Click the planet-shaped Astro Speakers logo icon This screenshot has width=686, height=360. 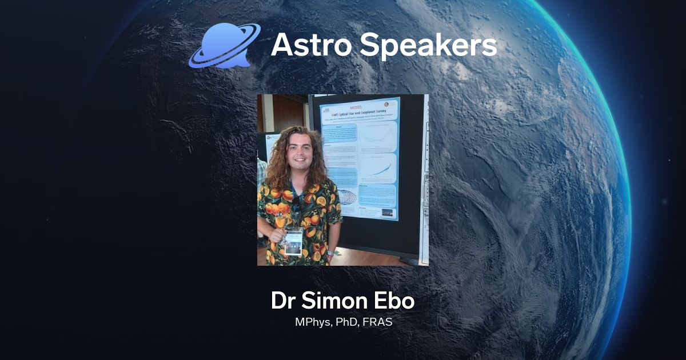[224, 46]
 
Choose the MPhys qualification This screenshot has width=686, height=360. [314, 322]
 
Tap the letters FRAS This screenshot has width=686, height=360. [380, 322]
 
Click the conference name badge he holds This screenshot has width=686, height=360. [293, 240]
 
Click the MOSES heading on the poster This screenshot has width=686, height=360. [361, 107]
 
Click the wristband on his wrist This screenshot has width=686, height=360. [330, 252]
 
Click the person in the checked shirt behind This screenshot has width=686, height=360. [262, 171]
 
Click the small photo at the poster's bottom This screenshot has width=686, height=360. [387, 213]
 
